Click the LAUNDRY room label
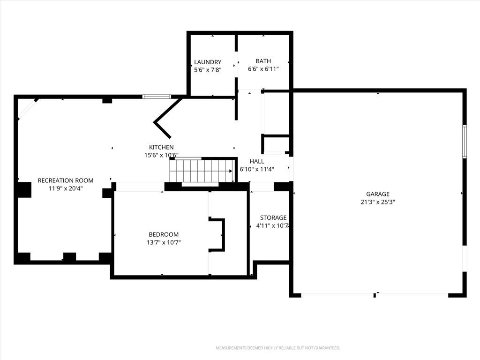pyautogui.click(x=208, y=62)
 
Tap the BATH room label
pyautogui.click(x=263, y=61)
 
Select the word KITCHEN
pyautogui.click(x=161, y=147)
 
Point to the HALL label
pyautogui.click(x=257, y=161)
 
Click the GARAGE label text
pyautogui.click(x=378, y=194)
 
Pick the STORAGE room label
pyautogui.click(x=273, y=217)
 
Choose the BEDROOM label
pyautogui.click(x=164, y=234)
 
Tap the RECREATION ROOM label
pyautogui.click(x=66, y=180)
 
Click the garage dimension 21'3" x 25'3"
pyautogui.click(x=378, y=202)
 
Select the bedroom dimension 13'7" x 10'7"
pyautogui.click(x=164, y=243)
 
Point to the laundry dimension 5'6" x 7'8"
pyautogui.click(x=208, y=70)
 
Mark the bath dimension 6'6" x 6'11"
pyautogui.click(x=263, y=69)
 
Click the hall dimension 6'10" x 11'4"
pyautogui.click(x=257, y=169)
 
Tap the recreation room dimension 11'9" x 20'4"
pyautogui.click(x=66, y=188)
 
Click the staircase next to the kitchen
pyautogui.click(x=201, y=171)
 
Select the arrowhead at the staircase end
pyautogui.click(x=231, y=171)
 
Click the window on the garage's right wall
pyautogui.click(x=465, y=142)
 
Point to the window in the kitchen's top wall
pyautogui.click(x=157, y=97)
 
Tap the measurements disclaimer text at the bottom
pyautogui.click(x=278, y=348)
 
